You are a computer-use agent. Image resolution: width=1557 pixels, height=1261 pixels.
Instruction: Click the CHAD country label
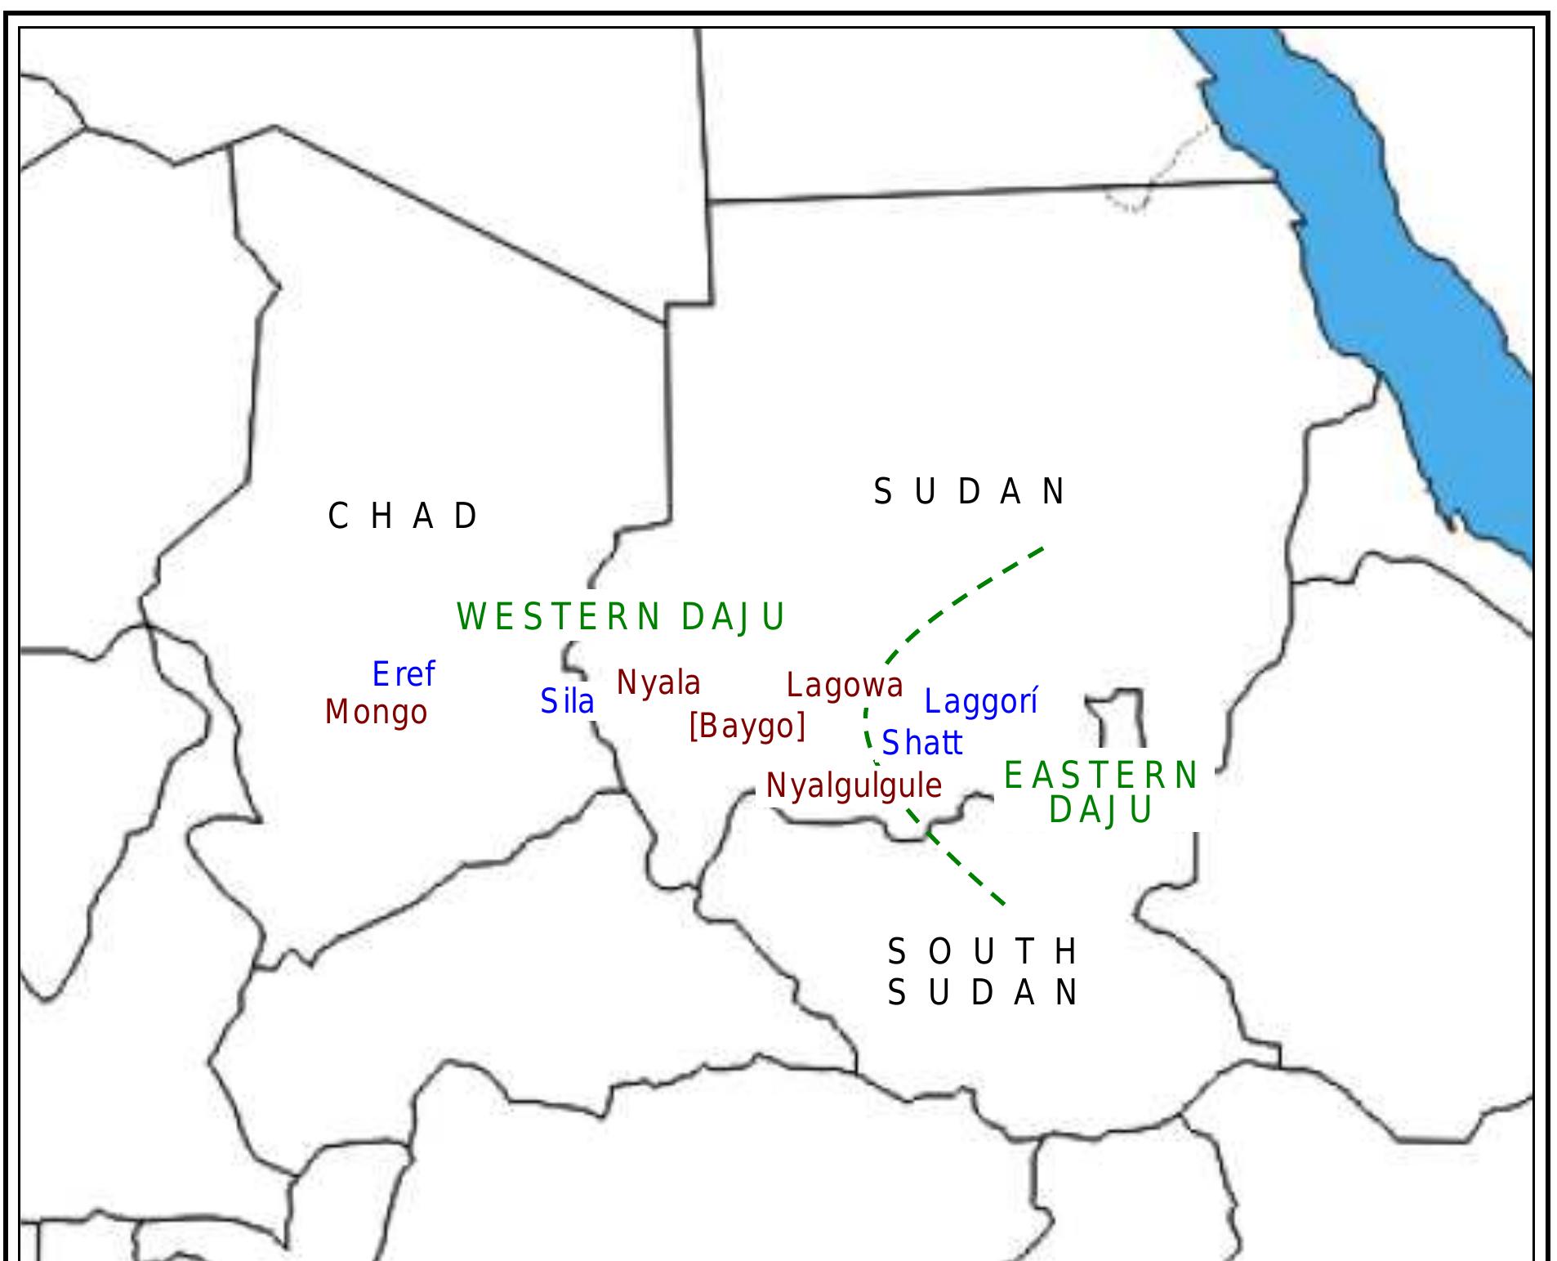[403, 516]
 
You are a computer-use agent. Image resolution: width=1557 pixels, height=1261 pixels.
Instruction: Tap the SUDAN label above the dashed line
[970, 492]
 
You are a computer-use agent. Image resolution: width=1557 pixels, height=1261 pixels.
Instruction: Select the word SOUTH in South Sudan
[983, 952]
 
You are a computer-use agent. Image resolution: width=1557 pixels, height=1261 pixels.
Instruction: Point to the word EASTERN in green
[1100, 776]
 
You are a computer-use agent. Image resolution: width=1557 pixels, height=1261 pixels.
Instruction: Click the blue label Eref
[404, 675]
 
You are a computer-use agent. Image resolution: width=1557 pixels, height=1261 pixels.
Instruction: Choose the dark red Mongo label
[377, 713]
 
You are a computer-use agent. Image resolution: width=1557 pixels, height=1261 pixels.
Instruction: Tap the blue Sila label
[567, 701]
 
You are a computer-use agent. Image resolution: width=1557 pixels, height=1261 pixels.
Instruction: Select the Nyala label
[658, 682]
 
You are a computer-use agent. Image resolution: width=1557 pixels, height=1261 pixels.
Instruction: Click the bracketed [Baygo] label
[747, 726]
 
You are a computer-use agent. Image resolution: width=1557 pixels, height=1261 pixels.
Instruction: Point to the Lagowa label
[845, 686]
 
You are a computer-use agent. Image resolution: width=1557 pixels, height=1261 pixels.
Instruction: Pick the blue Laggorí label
[981, 701]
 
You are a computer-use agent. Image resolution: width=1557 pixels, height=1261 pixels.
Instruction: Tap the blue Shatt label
[922, 743]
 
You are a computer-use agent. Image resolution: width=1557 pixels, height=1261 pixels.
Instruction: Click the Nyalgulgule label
[854, 786]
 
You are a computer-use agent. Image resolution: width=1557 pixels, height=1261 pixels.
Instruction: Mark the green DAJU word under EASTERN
[1100, 810]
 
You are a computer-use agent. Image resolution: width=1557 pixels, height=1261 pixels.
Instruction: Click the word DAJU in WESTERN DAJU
[732, 617]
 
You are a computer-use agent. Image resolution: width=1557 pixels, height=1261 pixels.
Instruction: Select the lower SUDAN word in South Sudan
[983, 993]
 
